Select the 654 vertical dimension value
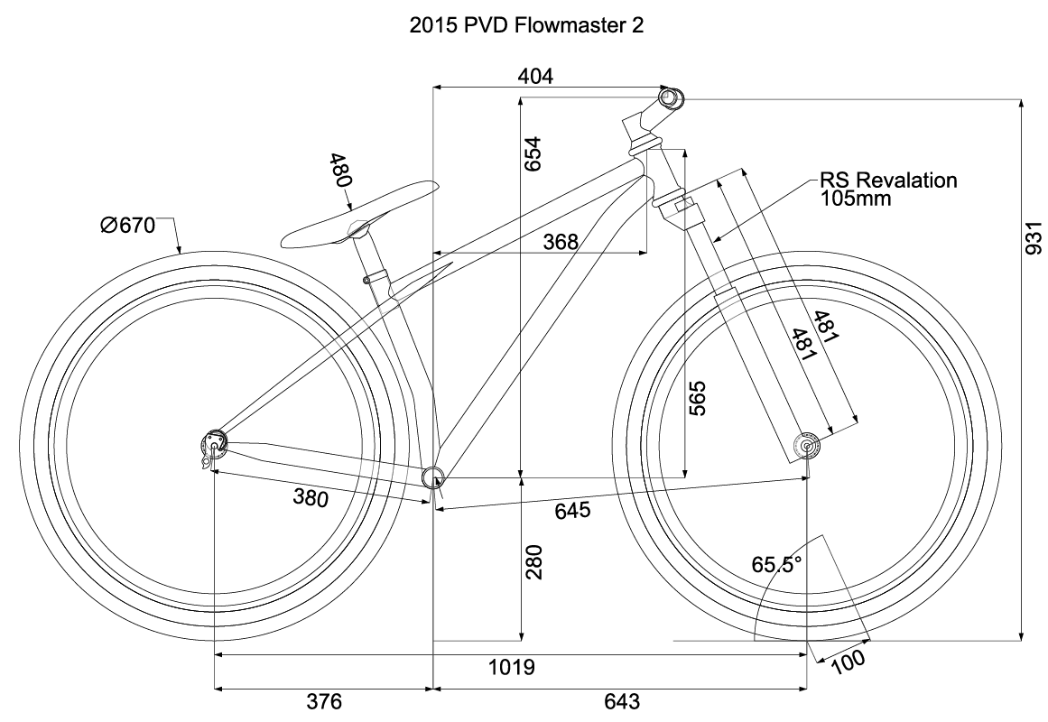pos(534,154)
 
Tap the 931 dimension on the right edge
pos(1036,240)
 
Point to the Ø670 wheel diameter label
pos(128,226)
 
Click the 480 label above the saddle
pos(340,170)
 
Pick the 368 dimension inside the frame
pos(561,241)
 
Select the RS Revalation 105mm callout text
pos(887,189)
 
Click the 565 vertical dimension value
pos(698,398)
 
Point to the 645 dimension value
pos(572,512)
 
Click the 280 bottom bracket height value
pos(534,562)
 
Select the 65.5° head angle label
pos(777,565)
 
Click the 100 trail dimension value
pos(849,662)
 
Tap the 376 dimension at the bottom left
pos(324,702)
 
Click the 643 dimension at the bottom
pos(621,702)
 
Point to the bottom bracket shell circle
pos(434,477)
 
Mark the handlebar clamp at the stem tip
pos(670,97)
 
